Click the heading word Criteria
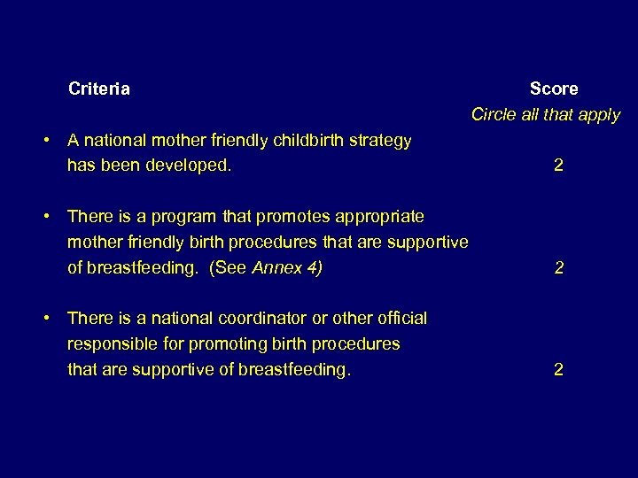99,89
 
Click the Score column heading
554,89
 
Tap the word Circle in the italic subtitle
493,115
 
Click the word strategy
376,141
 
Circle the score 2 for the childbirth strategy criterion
558,166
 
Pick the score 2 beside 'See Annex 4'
558,267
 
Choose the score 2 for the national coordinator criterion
558,369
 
